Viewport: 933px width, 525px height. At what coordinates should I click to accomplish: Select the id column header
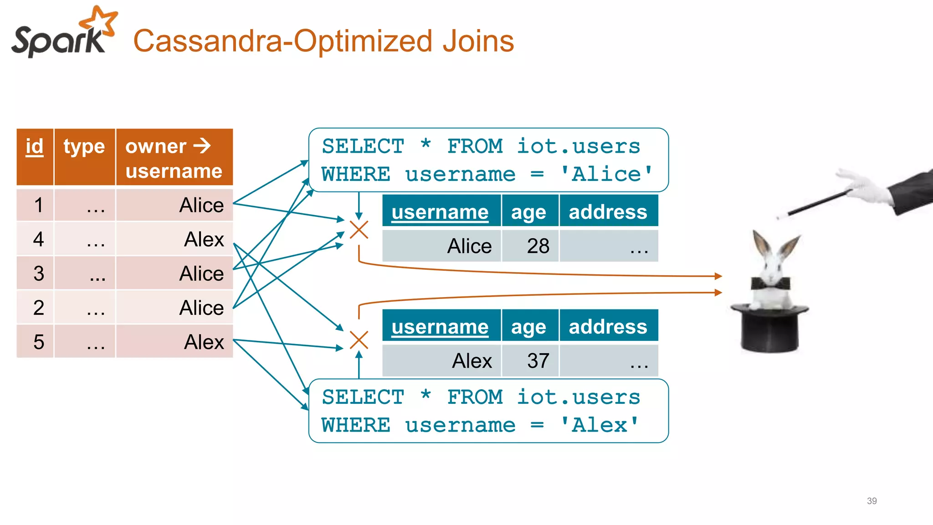35,147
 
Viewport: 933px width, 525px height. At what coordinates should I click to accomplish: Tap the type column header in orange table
84,147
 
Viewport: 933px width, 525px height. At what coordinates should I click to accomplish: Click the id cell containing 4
38,239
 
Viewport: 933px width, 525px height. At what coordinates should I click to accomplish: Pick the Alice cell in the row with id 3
201,273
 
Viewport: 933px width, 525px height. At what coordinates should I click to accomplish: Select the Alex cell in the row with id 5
204,342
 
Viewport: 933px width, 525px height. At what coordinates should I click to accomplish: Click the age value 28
538,246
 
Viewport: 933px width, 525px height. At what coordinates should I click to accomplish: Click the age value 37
538,361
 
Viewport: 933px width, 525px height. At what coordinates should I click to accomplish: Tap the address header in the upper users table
608,212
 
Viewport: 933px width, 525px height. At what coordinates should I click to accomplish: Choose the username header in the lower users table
440,327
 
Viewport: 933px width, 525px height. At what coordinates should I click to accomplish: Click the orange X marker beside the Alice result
359,230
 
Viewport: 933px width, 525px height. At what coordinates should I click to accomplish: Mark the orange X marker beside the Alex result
359,340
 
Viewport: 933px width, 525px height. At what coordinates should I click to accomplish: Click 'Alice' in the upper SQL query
606,174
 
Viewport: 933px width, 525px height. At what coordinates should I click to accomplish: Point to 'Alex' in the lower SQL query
600,425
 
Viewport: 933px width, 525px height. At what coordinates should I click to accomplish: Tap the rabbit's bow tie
770,284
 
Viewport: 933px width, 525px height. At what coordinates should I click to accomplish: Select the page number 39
871,501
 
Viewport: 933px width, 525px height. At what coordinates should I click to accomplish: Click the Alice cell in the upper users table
469,246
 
